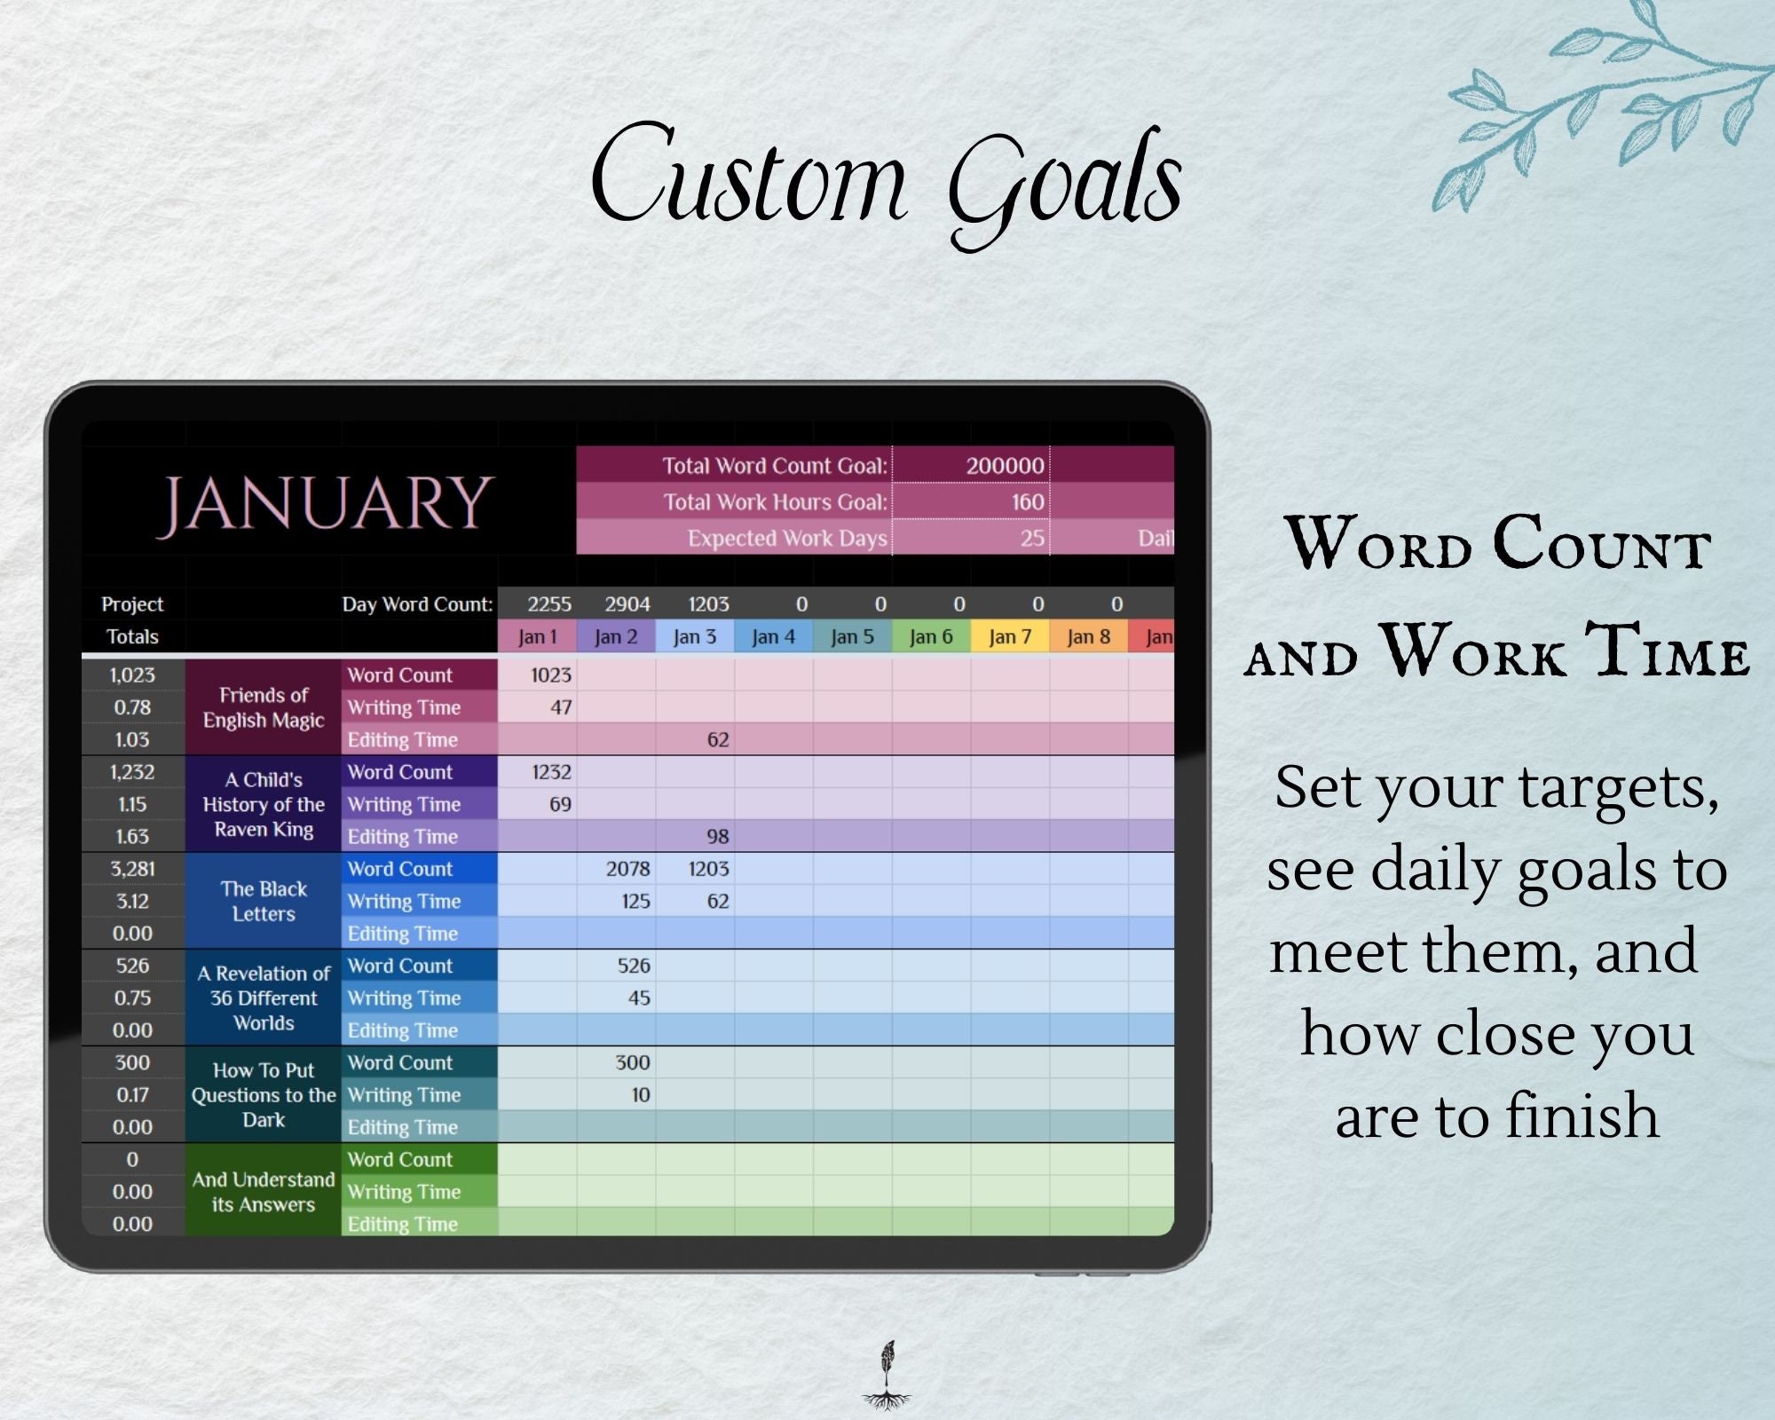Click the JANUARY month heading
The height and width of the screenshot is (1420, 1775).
325,503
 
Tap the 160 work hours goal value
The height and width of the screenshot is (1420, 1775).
1027,502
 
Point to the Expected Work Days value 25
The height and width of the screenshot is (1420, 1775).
1031,538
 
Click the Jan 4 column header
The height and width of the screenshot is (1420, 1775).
773,636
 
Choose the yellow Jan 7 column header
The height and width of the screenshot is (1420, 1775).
1009,636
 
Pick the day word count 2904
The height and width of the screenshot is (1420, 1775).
627,604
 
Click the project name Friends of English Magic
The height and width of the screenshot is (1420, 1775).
264,707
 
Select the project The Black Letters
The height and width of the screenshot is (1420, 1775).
264,901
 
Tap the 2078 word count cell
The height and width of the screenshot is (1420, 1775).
627,869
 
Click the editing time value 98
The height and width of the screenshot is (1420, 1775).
717,836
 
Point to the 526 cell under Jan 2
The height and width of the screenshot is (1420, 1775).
634,966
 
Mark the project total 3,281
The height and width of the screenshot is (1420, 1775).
132,869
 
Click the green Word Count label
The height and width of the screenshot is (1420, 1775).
400,1159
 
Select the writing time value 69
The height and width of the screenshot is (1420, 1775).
560,804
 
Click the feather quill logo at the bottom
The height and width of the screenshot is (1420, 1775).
887,1375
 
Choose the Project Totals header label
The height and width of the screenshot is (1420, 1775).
132,620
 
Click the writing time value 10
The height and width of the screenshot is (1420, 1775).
640,1095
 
